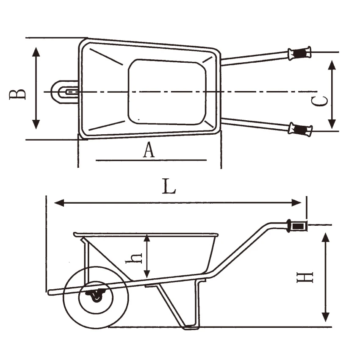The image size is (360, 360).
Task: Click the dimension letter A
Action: [149, 150]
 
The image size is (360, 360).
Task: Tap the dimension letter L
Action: [169, 186]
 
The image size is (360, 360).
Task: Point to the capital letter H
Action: [305, 277]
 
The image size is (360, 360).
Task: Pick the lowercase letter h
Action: [134, 258]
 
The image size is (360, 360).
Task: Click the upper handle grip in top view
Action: [299, 53]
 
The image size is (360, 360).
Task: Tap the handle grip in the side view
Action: [296, 226]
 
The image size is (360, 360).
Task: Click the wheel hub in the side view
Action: [96, 297]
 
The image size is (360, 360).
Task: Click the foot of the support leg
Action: [191, 327]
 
